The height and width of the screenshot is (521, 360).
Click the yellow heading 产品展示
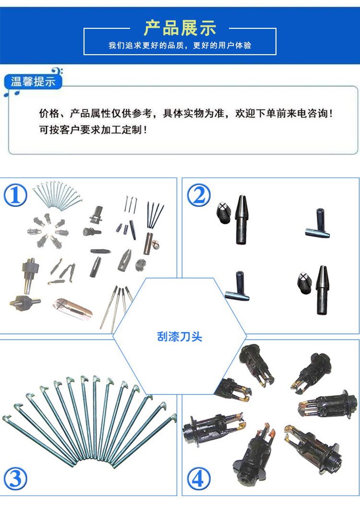180,28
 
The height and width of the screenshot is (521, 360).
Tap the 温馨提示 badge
33,82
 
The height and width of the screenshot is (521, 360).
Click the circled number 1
15,195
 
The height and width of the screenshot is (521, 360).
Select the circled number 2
199,195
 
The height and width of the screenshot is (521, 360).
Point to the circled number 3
15,478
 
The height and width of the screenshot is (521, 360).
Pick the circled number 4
199,478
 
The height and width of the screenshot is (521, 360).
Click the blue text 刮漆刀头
180,337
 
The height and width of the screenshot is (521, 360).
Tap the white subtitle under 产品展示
180,45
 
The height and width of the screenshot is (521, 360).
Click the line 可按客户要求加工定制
93,130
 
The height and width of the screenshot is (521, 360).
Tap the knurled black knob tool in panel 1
31,274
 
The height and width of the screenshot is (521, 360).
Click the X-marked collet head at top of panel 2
224,213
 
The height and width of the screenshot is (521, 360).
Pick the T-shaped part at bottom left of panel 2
237,286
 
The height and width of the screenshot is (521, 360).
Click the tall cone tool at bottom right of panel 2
322,290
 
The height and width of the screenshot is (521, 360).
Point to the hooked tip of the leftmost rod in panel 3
7,418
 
